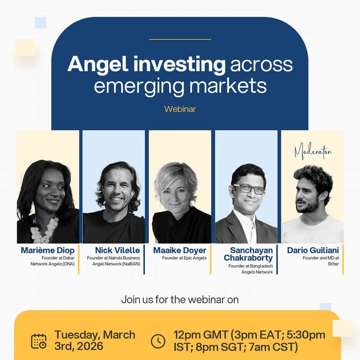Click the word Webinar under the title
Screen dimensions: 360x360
(x=180, y=109)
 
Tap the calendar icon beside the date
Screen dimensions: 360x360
(x=39, y=341)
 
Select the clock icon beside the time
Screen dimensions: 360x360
(x=158, y=341)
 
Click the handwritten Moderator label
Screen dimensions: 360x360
(x=313, y=152)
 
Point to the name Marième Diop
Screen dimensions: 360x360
(x=48, y=250)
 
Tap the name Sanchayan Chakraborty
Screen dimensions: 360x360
(x=248, y=254)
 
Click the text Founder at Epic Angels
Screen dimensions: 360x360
(x=184, y=258)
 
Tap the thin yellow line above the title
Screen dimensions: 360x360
(x=180, y=39)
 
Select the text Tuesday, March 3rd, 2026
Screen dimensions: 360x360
(x=94, y=341)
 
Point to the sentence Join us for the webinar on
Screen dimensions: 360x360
(x=180, y=299)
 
